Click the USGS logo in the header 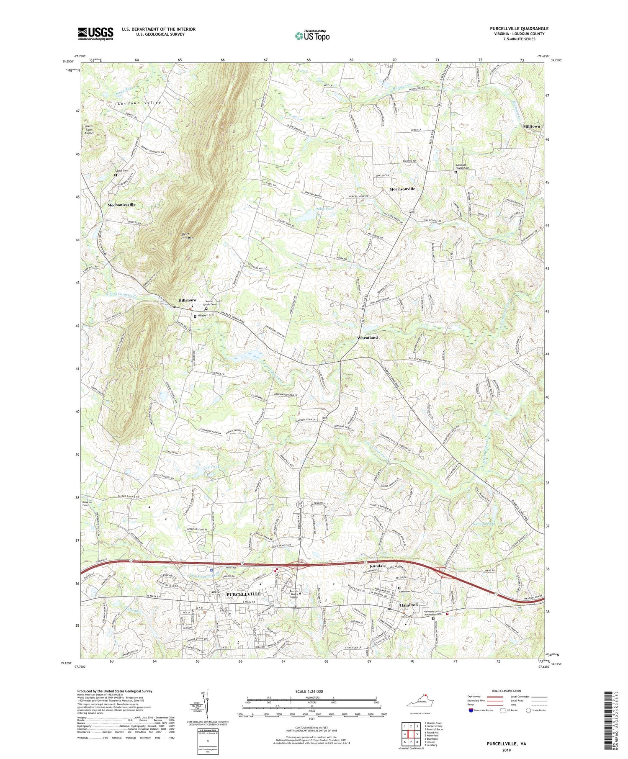[x=95, y=33]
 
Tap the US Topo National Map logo [x=312, y=35]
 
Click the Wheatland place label [x=367, y=337]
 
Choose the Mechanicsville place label [x=121, y=205]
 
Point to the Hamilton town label [x=409, y=605]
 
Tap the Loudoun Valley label [x=133, y=103]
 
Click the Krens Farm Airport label [x=89, y=129]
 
